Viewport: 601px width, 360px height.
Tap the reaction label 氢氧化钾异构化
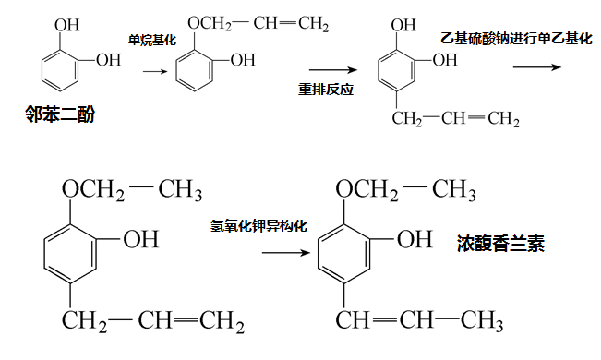click(258, 225)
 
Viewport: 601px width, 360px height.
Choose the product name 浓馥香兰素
click(500, 244)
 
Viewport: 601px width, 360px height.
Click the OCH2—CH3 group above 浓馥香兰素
click(406, 191)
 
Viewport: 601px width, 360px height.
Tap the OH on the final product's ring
click(414, 239)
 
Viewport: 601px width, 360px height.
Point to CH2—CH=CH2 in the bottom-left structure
click(153, 322)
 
